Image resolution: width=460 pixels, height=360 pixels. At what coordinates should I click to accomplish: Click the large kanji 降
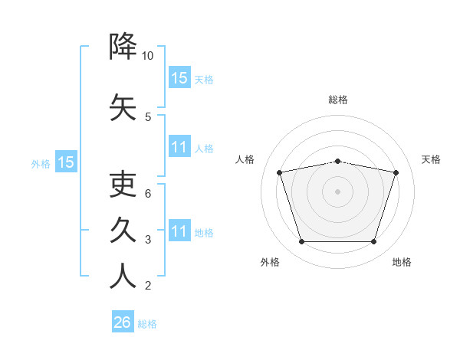123,46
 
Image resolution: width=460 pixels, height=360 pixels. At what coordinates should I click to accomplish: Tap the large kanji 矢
123,107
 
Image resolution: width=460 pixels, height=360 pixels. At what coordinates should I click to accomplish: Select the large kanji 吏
123,184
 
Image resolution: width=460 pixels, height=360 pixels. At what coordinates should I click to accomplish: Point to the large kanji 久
123,230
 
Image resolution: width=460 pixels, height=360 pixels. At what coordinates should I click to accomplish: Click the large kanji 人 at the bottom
123,276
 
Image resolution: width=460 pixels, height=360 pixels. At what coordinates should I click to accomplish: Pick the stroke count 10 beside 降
147,56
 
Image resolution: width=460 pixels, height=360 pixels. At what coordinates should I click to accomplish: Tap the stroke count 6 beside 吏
148,194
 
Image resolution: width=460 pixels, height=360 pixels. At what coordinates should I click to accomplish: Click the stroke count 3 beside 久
148,240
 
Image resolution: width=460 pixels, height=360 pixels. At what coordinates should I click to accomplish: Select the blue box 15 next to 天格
179,77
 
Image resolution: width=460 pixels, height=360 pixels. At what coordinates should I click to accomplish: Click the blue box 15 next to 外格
66,162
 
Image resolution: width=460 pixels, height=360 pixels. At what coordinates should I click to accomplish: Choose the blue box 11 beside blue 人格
179,146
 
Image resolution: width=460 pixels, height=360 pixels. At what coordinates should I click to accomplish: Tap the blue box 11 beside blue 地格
179,230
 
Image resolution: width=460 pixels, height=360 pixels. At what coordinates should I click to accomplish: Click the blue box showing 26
123,321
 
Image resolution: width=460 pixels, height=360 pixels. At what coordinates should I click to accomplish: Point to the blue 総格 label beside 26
147,324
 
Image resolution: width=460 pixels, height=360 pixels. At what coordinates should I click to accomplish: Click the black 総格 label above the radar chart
338,100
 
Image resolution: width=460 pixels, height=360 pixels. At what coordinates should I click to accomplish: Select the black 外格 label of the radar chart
270,262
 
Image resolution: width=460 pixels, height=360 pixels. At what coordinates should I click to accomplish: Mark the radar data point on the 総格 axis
337,162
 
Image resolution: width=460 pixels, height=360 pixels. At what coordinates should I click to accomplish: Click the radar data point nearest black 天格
396,172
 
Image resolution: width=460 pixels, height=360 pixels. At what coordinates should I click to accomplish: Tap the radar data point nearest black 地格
373,241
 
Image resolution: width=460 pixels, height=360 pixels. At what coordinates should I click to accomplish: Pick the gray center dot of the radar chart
337,191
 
